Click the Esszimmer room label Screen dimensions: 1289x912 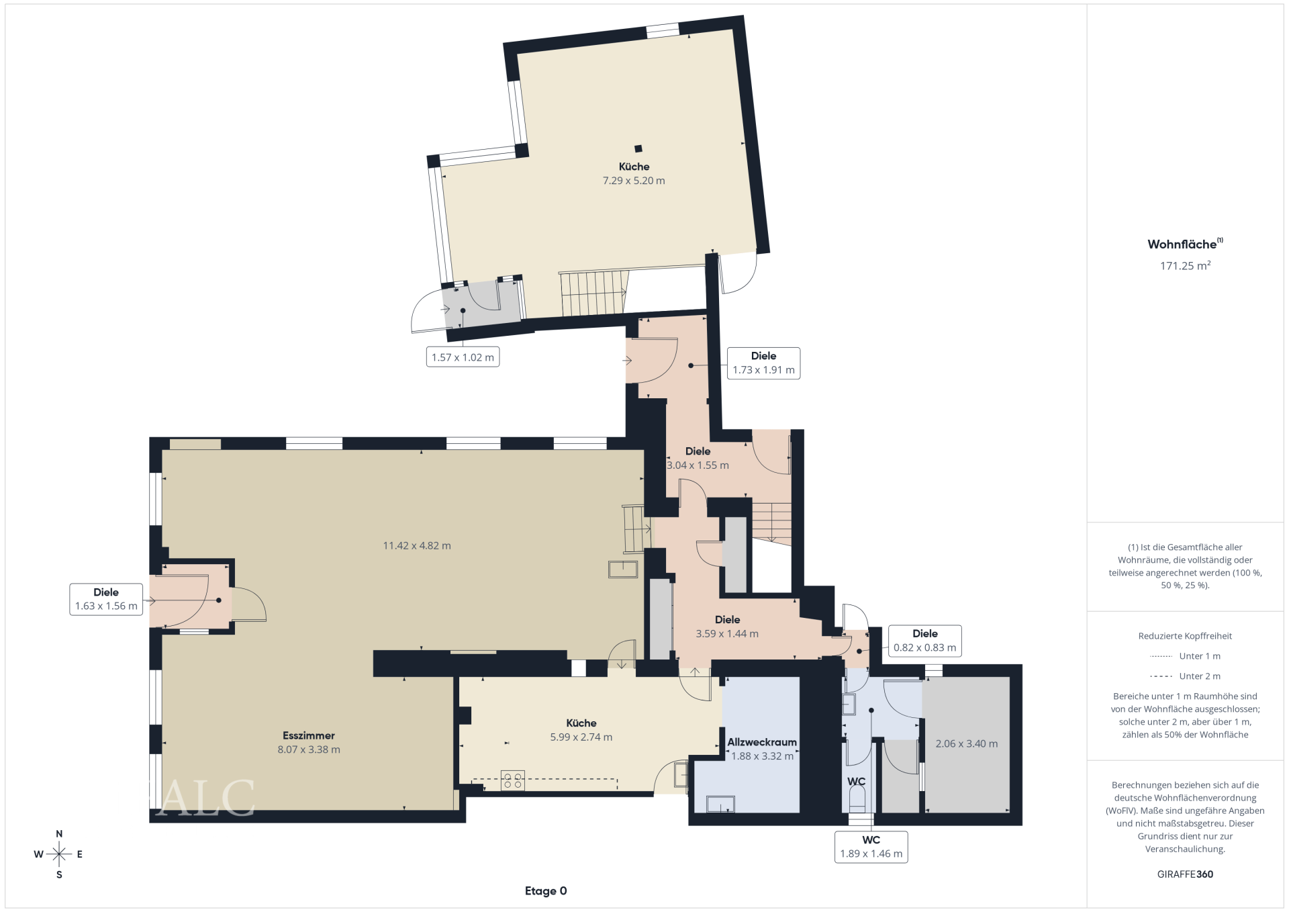[x=309, y=735]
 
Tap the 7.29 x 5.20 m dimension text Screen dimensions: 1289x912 [x=634, y=181]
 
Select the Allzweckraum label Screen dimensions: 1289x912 [x=762, y=742]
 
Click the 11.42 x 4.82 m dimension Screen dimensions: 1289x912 [x=417, y=546]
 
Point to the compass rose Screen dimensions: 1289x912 [x=59, y=854]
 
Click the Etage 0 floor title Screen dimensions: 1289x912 [x=546, y=891]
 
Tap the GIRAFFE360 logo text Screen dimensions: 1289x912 [x=1185, y=874]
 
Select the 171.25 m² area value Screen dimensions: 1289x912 [x=1185, y=266]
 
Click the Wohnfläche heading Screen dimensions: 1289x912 [x=1185, y=244]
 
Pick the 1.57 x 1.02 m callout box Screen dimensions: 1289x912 [x=463, y=357]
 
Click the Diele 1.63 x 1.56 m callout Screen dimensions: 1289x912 [x=106, y=599]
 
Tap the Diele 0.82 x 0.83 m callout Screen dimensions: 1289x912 [x=924, y=641]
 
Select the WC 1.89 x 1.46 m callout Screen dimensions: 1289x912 [x=871, y=847]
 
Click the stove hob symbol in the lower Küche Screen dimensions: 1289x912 [x=513, y=780]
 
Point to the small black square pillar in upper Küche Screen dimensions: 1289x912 [x=638, y=149]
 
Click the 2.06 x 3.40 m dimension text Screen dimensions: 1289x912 [x=966, y=744]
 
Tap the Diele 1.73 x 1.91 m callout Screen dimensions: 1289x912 [x=763, y=363]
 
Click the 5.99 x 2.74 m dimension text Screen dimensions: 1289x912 [x=581, y=737]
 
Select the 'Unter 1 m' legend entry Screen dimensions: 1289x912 [x=1185, y=656]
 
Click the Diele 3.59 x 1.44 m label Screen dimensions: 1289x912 [x=727, y=627]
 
